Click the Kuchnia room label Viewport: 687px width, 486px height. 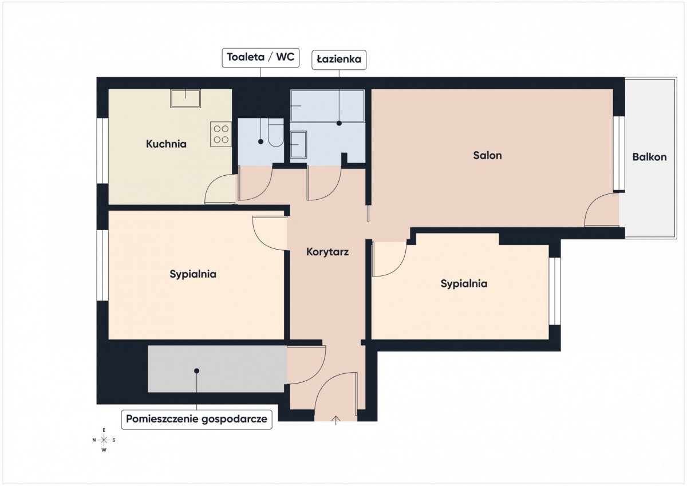(x=166, y=144)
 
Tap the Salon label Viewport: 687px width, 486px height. (x=487, y=155)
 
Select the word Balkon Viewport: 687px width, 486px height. (x=649, y=157)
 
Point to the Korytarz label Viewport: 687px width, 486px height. (x=327, y=252)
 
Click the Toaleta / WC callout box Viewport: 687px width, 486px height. (x=260, y=57)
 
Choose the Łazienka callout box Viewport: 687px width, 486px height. (x=339, y=60)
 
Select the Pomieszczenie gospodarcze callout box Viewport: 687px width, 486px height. (x=196, y=419)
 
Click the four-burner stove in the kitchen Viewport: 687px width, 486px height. (x=221, y=134)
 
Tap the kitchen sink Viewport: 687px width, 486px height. (x=185, y=98)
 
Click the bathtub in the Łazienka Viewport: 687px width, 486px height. (x=327, y=105)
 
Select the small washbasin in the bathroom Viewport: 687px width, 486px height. (x=298, y=144)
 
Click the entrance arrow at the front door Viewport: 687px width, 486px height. (x=336, y=420)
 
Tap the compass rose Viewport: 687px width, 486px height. (x=104, y=440)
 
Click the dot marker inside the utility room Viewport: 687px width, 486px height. (x=196, y=371)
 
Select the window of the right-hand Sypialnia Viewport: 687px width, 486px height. (x=555, y=291)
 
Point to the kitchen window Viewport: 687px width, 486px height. (x=102, y=151)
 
